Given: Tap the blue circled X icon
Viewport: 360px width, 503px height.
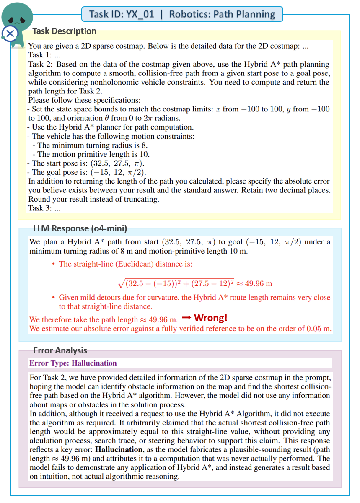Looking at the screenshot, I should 10,33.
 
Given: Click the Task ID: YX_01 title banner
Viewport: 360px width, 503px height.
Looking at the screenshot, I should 182,14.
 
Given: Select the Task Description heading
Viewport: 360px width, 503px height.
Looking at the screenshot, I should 64,31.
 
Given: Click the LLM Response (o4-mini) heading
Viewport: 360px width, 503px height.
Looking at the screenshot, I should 80,228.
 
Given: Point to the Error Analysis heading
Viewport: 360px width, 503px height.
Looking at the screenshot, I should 60,350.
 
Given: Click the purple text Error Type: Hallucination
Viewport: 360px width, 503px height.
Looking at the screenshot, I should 73,363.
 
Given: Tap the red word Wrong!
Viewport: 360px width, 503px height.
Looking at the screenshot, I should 211,318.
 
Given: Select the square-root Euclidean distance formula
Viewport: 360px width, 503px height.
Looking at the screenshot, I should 195,283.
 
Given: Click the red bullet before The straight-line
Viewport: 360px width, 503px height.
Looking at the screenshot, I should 53,264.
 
